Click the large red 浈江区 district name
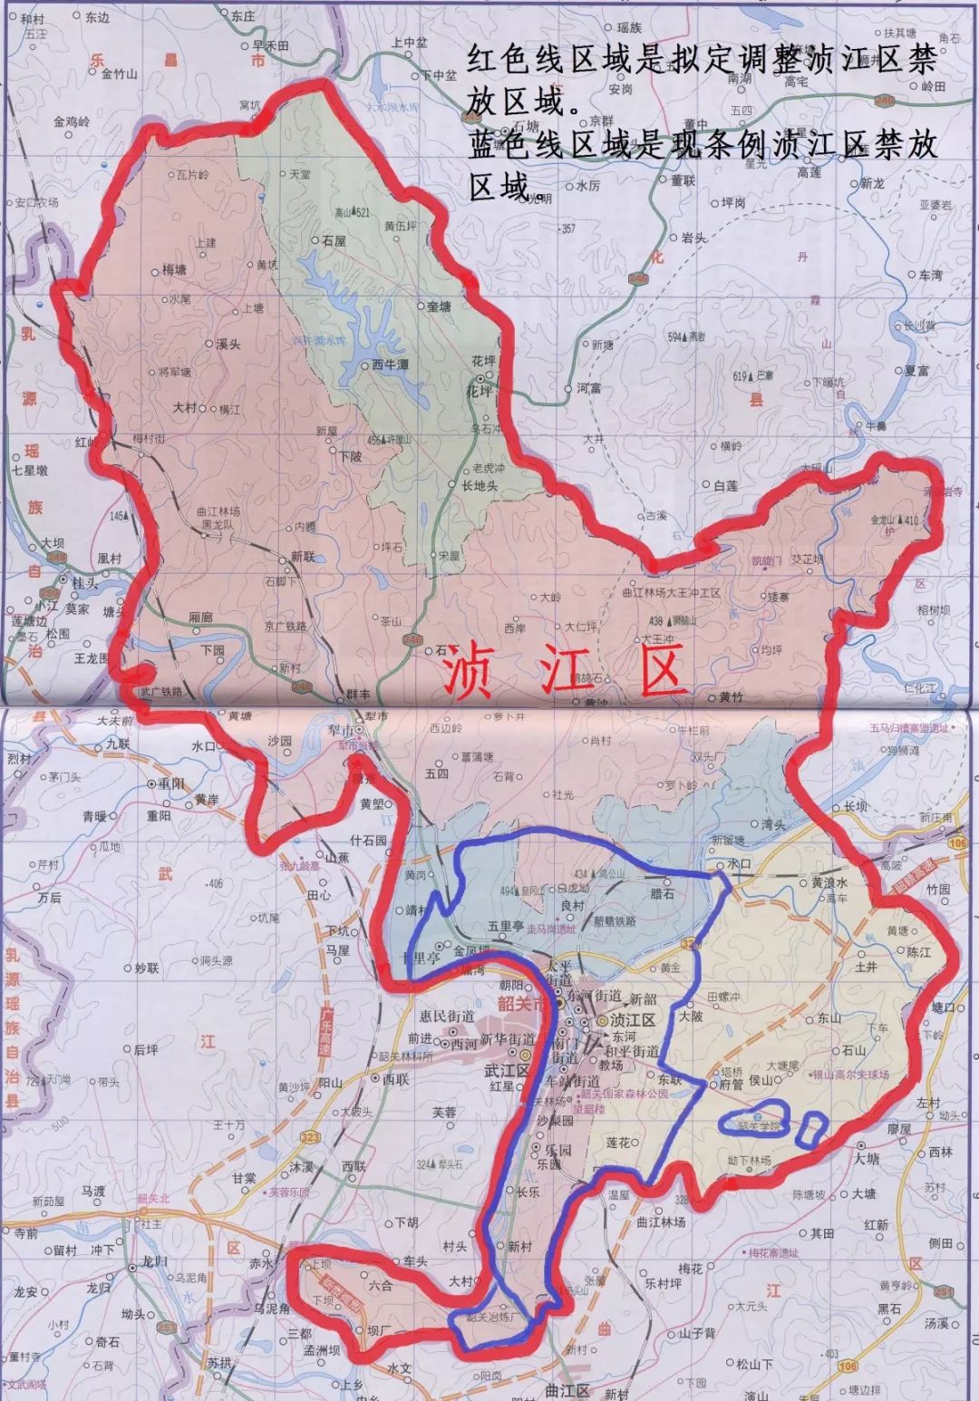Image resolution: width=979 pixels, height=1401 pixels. pos(562,672)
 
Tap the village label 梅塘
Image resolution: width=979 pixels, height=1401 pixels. pos(174,269)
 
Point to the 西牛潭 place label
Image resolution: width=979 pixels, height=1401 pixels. pos(391,365)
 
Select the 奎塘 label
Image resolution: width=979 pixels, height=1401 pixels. pos(439,306)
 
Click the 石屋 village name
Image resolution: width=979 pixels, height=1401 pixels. pos(334,241)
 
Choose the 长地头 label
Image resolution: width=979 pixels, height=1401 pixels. pos(480,486)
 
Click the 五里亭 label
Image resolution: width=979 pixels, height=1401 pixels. pos(506,927)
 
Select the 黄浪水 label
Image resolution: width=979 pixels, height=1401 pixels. pos(829,882)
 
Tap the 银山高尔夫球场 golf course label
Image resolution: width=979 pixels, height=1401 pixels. pos(849,1075)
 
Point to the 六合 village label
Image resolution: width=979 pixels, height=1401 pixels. pos(381,1285)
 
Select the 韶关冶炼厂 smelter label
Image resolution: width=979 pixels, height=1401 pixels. pos(490,1317)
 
